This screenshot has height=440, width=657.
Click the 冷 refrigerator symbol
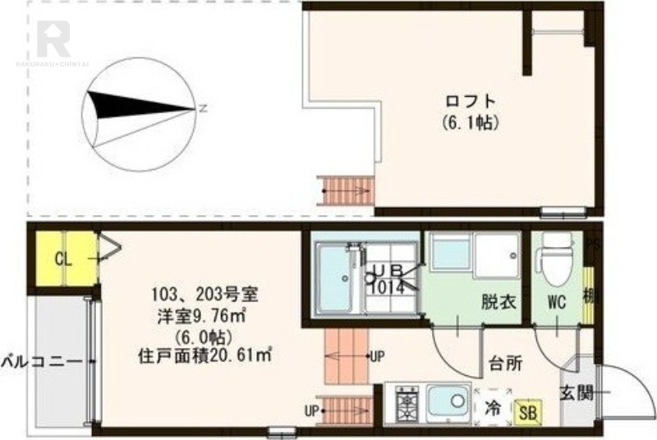click(492, 406)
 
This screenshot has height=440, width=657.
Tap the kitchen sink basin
click(448, 403)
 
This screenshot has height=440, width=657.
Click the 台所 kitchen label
click(506, 363)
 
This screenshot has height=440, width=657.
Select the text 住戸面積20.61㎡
click(205, 355)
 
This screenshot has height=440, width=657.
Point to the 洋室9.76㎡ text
click(205, 314)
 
